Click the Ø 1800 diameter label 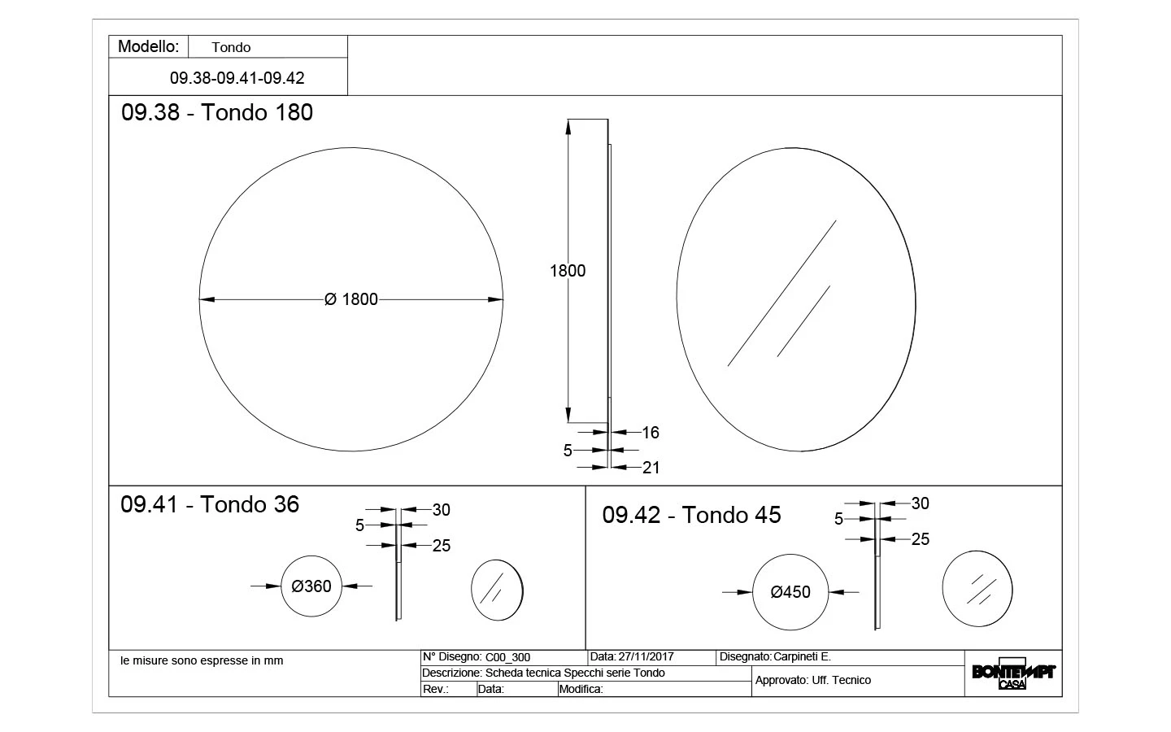(350, 299)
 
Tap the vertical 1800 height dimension (568, 270)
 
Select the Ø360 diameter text (311, 586)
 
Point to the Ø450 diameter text (790, 592)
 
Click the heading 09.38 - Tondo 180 (217, 112)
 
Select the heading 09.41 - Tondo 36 (210, 504)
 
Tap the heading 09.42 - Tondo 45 (691, 515)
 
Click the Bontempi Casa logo (1013, 673)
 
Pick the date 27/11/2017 (646, 656)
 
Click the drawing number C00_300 (507, 657)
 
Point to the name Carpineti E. (802, 656)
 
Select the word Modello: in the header (149, 46)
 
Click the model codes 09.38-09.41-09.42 (237, 78)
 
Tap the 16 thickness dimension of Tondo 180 (651, 433)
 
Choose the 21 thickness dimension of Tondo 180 (651, 468)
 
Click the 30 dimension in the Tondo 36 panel (442, 510)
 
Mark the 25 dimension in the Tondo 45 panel (920, 539)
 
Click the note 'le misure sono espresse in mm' (202, 660)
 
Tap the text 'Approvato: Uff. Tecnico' (813, 680)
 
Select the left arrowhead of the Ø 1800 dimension (207, 299)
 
